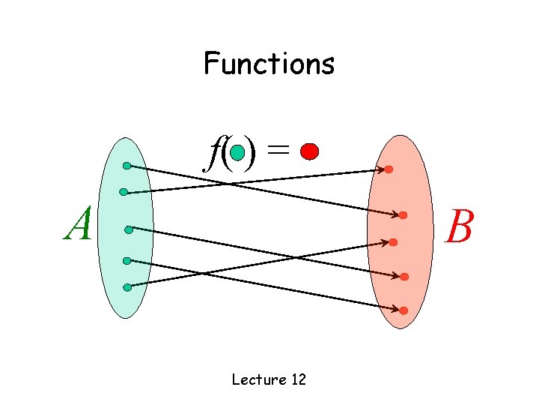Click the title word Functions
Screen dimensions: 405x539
pos(269,64)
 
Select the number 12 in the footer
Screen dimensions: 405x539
pos(298,379)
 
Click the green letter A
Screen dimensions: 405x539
pos(78,224)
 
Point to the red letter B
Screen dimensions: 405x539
pos(459,226)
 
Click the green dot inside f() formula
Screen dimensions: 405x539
pos(237,153)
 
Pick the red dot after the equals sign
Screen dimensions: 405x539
pos(308,152)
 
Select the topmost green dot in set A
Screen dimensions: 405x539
pos(127,165)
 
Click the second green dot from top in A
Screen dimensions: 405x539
pos(124,192)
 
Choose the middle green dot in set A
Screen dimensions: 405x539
pos(129,229)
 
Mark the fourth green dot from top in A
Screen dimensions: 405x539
pos(127,261)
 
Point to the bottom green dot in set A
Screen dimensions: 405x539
pos(127,287)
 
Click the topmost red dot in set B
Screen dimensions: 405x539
pos(389,169)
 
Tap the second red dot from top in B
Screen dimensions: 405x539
pos(403,216)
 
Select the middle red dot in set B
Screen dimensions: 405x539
pos(393,242)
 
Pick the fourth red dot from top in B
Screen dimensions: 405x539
pos(404,277)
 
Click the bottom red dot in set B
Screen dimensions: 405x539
pos(404,310)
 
